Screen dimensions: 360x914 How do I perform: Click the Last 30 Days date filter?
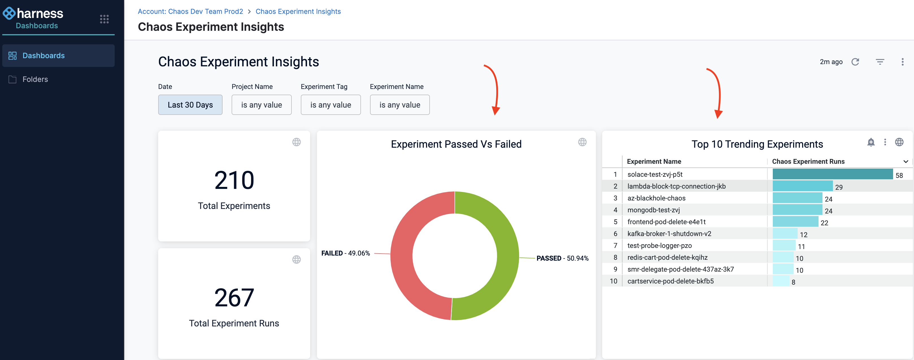pos(190,105)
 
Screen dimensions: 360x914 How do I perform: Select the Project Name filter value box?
pos(262,105)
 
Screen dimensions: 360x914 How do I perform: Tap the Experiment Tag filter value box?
pos(331,105)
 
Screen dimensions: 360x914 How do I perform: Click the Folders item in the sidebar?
pos(35,79)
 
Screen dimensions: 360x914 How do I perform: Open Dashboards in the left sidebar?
pos(43,56)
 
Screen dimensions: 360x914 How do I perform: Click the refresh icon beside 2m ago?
pos(855,62)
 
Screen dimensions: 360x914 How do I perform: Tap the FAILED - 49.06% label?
pos(345,253)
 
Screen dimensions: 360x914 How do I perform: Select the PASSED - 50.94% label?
pos(562,258)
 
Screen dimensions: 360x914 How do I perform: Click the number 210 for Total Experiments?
pos(234,180)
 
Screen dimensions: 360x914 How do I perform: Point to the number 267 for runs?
pos(234,298)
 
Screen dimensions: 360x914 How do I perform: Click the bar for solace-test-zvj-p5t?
pos(832,174)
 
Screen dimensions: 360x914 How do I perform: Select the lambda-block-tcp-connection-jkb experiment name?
pos(676,186)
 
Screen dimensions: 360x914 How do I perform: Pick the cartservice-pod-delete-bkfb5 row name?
pos(670,281)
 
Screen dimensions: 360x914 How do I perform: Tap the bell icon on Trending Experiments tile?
pos(871,142)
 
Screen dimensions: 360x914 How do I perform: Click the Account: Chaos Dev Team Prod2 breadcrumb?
pos(190,11)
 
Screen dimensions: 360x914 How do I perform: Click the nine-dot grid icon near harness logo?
pos(104,19)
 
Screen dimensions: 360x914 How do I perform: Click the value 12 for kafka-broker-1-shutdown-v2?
pos(803,234)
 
